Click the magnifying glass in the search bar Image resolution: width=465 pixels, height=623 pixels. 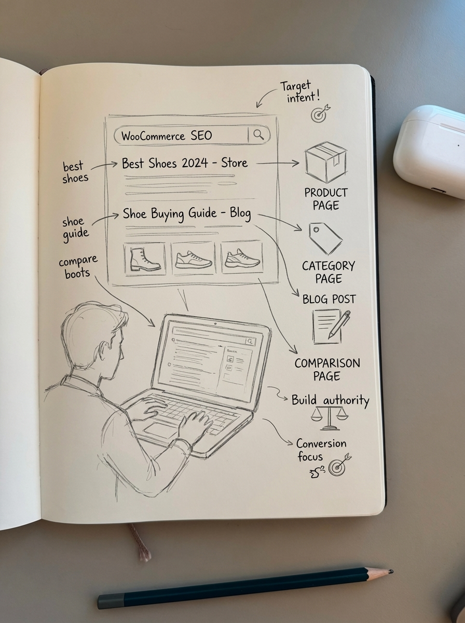pos(258,135)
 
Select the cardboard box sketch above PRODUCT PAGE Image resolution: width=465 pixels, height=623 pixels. pos(325,161)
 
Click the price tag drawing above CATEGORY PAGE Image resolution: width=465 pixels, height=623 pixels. pos(324,238)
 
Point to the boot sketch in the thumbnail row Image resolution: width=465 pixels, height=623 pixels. pos(144,259)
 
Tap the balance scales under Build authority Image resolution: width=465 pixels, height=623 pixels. pos(329,418)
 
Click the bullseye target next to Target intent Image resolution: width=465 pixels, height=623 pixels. pos(321,114)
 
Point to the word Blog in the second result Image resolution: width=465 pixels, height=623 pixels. pos(239,213)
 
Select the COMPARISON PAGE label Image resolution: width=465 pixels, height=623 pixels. pos(327,369)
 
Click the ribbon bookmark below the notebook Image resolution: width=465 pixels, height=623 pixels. pos(140,543)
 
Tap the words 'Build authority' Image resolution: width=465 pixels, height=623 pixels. pos(330,400)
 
